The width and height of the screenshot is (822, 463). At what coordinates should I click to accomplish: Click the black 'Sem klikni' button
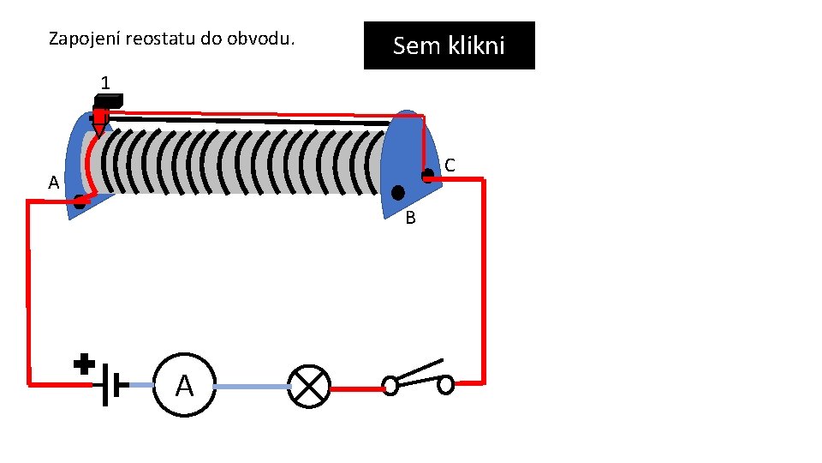point(449,45)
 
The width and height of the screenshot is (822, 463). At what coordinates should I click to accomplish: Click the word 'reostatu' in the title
point(158,39)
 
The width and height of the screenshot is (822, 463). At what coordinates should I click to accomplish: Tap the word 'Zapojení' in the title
point(84,39)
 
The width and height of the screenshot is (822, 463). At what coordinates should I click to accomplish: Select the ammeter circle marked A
point(184,386)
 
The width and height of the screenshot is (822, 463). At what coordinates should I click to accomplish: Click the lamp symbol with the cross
point(308,386)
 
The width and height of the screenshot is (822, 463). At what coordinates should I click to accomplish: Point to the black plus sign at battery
point(84,364)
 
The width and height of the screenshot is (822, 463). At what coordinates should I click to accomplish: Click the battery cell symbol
point(110,385)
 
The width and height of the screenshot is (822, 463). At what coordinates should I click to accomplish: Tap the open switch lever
point(420,371)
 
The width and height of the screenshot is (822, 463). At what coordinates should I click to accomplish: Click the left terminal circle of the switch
point(390,387)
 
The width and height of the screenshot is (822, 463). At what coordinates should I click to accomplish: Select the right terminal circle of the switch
point(445,385)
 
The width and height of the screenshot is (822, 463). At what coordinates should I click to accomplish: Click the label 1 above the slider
point(104,83)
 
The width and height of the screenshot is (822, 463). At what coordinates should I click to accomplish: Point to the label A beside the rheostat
point(53,183)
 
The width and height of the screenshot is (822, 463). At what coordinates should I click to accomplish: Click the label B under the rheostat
point(410,219)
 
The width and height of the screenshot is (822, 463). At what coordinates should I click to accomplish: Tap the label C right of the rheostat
point(450,165)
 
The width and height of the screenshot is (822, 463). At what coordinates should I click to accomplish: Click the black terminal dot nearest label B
point(398,192)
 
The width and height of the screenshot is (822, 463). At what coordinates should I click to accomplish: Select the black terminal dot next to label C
point(427,175)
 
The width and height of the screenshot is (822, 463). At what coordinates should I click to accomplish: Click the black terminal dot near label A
point(80,203)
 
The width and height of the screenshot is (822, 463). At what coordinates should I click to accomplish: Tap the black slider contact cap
point(108,99)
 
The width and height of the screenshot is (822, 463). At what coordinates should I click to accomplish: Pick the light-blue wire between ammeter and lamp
point(252,387)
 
